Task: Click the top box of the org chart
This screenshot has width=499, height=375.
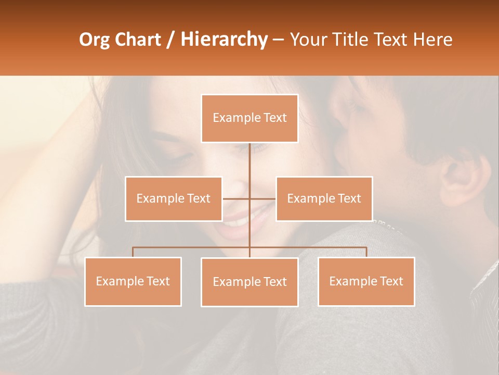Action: tap(249, 118)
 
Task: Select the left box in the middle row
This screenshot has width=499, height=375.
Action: tap(173, 198)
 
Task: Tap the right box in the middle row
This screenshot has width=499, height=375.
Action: tap(324, 198)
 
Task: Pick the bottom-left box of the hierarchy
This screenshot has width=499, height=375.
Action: tap(133, 281)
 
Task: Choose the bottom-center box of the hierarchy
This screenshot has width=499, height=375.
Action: tap(249, 282)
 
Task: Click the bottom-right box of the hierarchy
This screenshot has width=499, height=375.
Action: tap(366, 281)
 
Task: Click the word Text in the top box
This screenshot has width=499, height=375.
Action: tap(275, 118)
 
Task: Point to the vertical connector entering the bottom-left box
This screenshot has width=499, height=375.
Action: tap(133, 252)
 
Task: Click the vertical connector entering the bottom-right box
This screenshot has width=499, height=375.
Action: tap(366, 252)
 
